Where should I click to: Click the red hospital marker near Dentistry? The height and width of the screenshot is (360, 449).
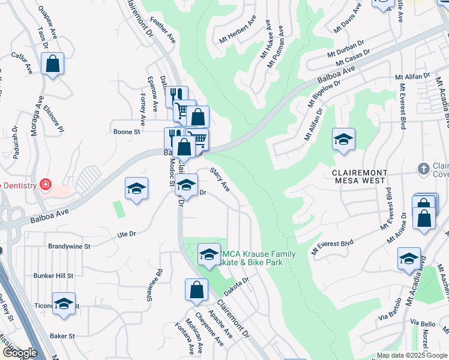coord(44,183)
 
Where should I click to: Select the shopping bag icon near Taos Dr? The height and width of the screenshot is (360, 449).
coord(53,64)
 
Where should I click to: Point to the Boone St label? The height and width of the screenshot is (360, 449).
coord(127,131)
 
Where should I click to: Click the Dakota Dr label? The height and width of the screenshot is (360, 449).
coord(238,281)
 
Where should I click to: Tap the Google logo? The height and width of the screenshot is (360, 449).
coord(20,353)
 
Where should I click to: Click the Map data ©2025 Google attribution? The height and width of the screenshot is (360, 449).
coord(411,355)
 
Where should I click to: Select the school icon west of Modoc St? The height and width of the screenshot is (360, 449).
coord(136,188)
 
